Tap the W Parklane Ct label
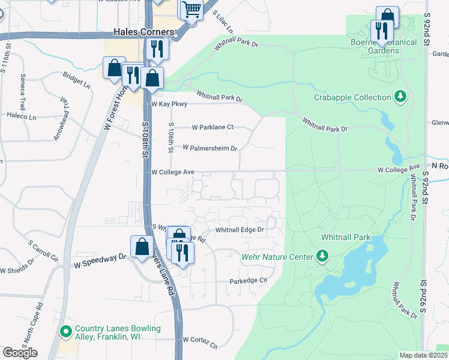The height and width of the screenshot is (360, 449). click(x=212, y=127)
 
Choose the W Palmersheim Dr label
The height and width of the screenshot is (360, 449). click(x=210, y=148)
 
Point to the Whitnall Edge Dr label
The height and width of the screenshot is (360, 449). click(x=240, y=230)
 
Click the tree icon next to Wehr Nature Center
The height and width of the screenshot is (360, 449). click(x=323, y=257)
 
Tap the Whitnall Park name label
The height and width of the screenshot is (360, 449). click(x=346, y=237)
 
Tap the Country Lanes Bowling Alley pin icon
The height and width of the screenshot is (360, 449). click(x=66, y=331)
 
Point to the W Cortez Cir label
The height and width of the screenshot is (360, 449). click(x=200, y=342)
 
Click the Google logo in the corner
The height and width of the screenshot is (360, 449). click(x=20, y=353)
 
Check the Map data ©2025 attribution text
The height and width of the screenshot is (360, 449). click(x=423, y=355)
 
